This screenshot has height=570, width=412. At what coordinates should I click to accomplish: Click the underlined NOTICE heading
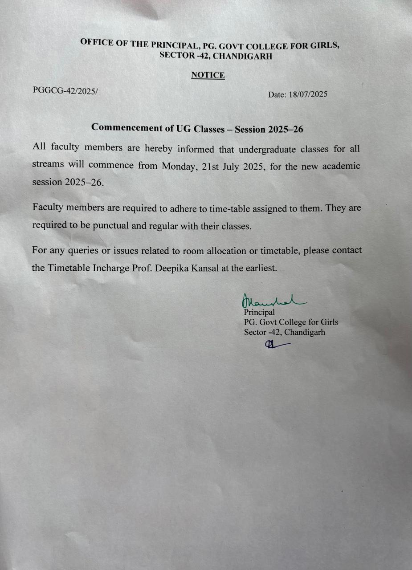[x=208, y=75]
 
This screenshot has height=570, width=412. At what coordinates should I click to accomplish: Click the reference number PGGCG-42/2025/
[x=65, y=90]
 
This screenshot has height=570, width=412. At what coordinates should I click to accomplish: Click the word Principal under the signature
[x=259, y=313]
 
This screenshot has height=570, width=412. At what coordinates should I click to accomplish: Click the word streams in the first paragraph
[x=49, y=165]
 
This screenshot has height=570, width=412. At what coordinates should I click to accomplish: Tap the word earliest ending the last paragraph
[x=261, y=269]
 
